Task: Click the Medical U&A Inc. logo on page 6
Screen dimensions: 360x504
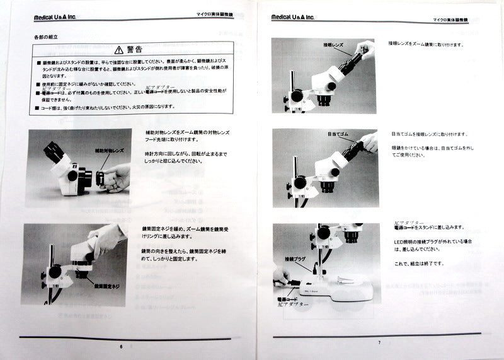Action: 55,18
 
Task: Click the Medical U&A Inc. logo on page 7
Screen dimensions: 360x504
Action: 292,17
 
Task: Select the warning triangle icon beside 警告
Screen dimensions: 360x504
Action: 118,49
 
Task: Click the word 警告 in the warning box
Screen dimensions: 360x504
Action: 135,49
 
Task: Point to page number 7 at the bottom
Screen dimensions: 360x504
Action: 379,342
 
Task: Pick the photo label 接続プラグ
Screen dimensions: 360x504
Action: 294,259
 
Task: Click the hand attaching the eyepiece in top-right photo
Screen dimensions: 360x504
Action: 365,49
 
